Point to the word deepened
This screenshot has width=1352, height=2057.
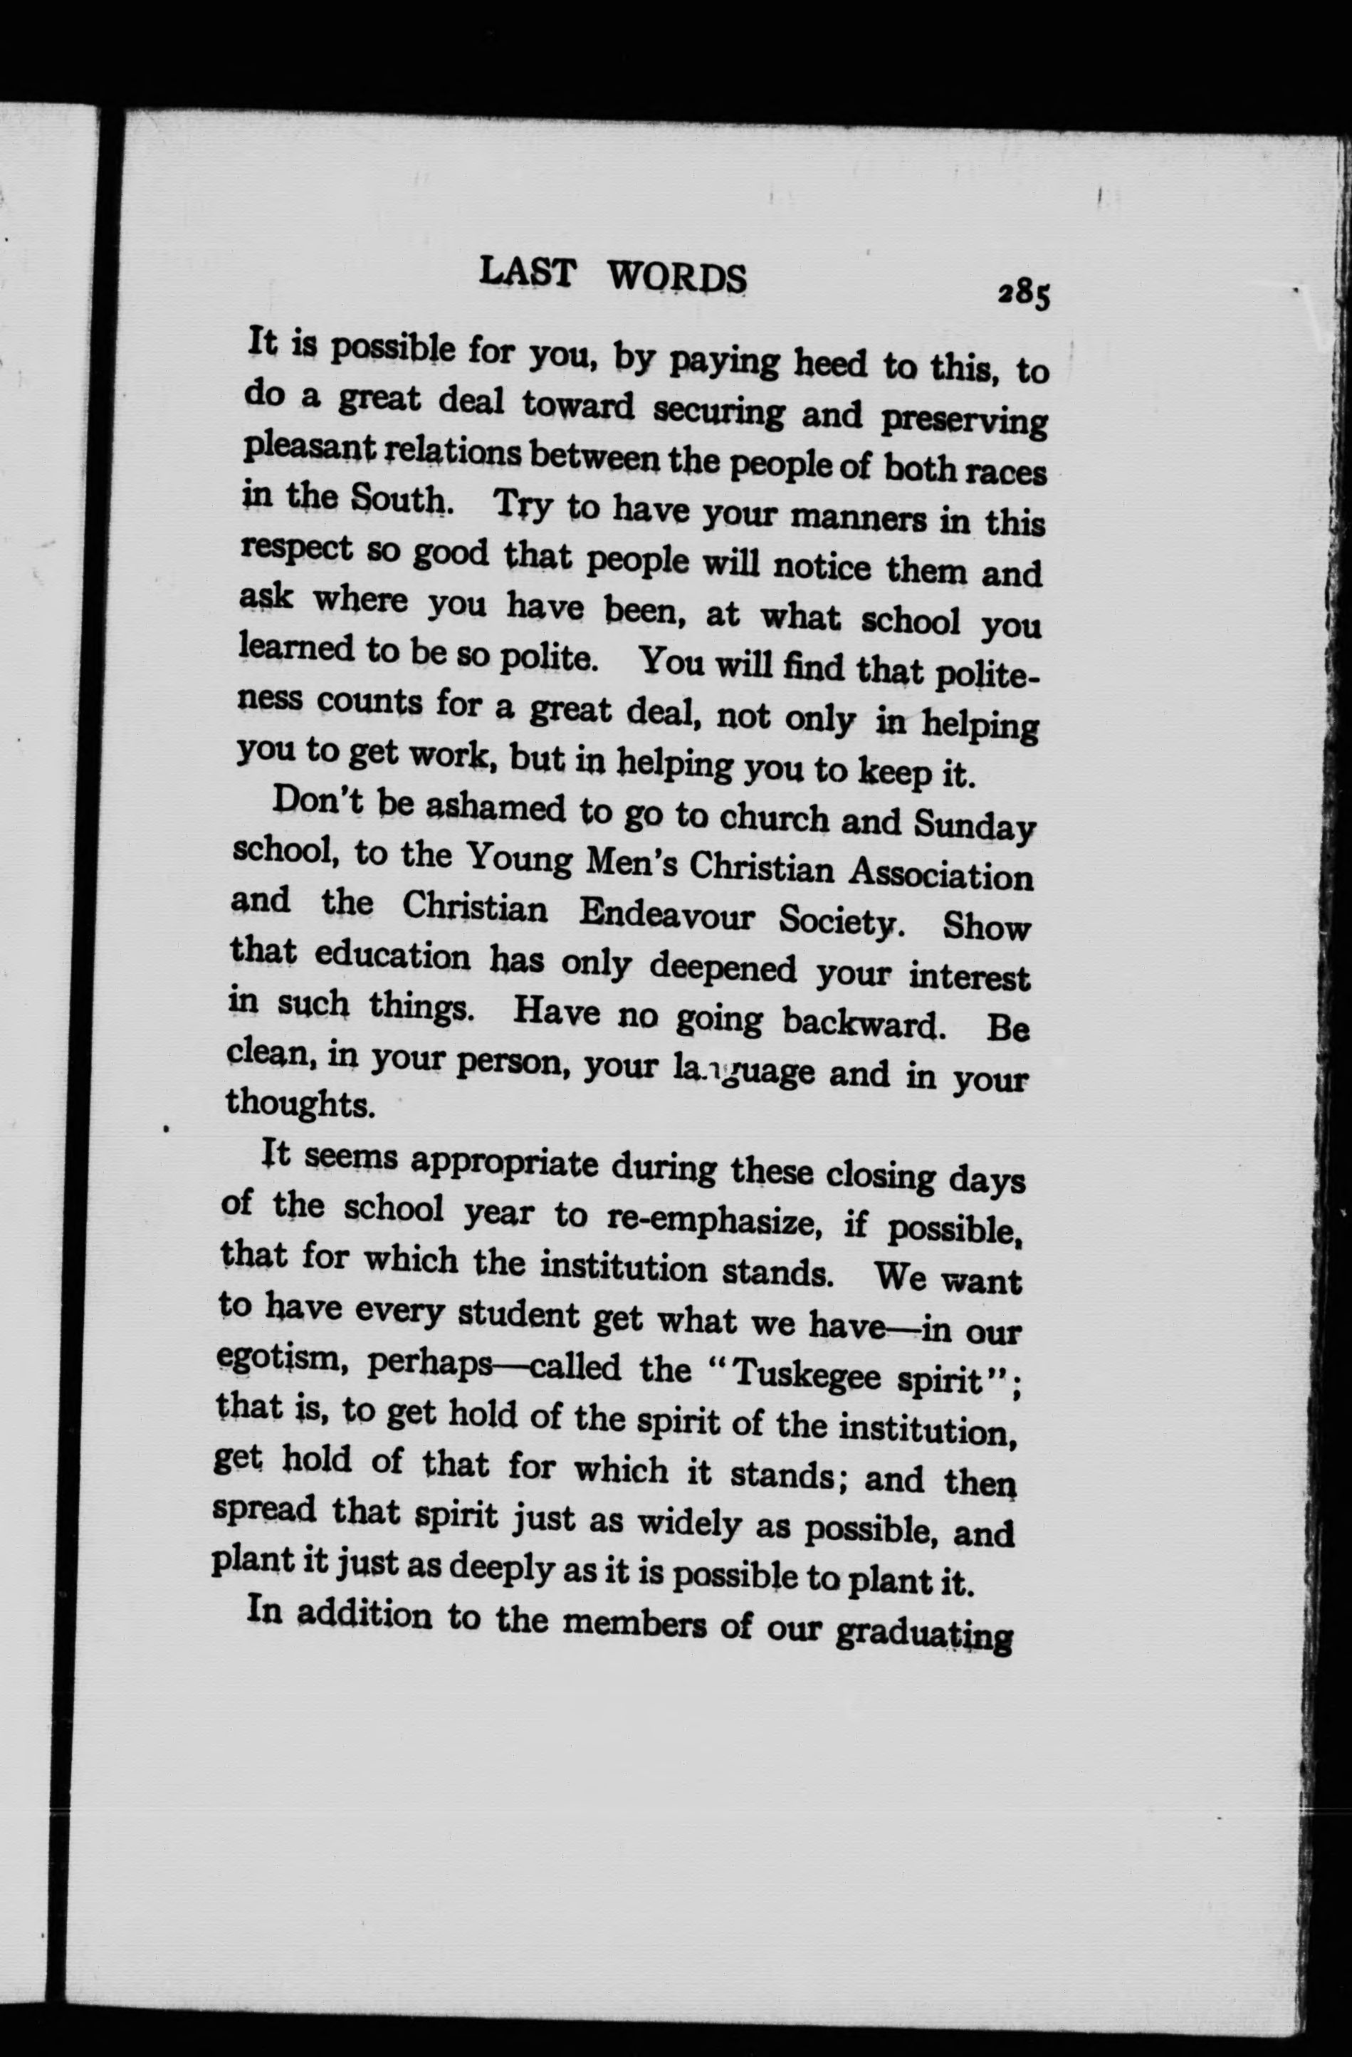point(722,967)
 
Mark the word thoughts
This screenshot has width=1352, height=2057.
point(299,1104)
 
